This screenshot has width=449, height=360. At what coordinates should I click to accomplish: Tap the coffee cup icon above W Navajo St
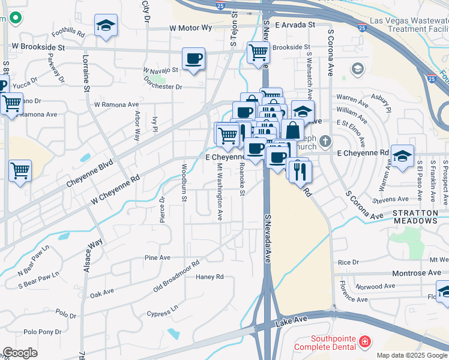coord(193,59)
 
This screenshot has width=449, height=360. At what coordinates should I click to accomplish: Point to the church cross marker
coord(325,142)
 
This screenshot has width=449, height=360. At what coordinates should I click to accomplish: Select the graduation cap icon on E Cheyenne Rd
coord(402,155)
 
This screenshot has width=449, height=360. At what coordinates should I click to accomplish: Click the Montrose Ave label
coord(417,273)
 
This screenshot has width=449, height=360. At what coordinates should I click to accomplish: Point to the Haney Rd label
coord(210,277)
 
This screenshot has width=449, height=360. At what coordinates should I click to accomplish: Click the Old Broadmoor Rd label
coord(176,277)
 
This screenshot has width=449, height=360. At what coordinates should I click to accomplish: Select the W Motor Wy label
coord(191,28)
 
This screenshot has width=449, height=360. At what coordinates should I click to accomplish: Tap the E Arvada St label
coord(295,25)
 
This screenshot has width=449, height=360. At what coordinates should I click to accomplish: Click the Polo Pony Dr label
coord(43,332)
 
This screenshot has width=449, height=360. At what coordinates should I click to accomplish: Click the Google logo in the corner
coord(20,353)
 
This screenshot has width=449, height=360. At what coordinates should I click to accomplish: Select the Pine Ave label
coord(158,257)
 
